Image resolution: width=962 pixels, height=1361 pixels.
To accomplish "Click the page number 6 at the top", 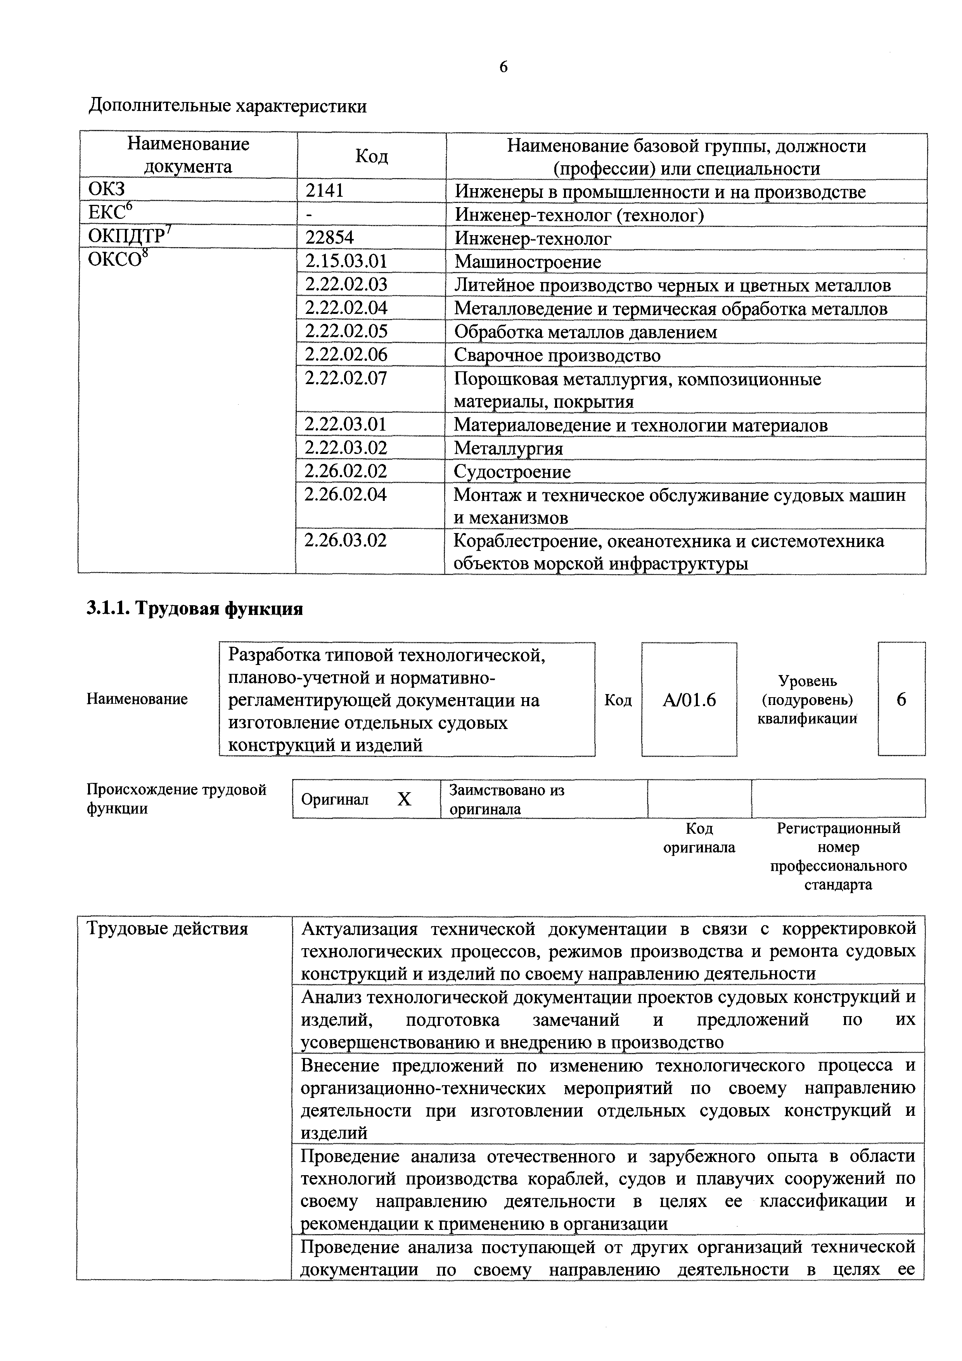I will tap(503, 67).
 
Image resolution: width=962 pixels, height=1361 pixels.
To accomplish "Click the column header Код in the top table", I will tap(372, 156).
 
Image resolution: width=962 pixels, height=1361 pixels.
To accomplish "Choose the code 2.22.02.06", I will tap(346, 355).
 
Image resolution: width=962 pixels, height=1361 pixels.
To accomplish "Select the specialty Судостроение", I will tap(512, 471).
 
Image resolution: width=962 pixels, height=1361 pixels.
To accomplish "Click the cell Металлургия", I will tap(509, 448).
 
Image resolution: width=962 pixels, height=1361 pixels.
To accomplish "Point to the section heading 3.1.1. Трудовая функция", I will tap(195, 609).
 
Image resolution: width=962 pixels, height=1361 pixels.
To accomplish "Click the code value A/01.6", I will tap(689, 700).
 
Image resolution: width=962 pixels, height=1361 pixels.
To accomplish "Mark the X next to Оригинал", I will tap(404, 800).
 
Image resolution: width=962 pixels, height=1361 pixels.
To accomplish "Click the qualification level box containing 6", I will tap(901, 700).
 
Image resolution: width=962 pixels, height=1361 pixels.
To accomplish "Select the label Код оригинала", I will tap(699, 838).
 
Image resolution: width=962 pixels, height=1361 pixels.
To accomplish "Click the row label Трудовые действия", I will tap(167, 928).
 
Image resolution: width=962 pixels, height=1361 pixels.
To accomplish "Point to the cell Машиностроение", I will tap(528, 262).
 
